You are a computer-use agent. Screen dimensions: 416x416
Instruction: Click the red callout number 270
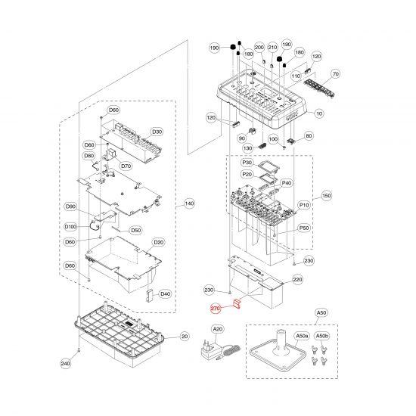[216, 309]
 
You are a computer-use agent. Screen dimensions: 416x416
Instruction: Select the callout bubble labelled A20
[218, 329]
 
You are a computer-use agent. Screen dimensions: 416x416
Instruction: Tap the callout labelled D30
[157, 132]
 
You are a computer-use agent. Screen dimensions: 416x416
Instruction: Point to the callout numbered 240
[66, 364]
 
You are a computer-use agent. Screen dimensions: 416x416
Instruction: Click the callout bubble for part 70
[336, 74]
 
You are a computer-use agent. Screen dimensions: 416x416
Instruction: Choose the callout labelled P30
[247, 163]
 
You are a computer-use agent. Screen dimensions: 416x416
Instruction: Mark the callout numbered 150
[326, 196]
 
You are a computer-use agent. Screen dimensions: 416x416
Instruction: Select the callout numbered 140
[189, 203]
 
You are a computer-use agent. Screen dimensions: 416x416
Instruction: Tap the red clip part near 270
[237, 304]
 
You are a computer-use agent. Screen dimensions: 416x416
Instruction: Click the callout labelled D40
[166, 294]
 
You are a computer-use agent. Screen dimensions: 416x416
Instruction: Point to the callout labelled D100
[70, 227]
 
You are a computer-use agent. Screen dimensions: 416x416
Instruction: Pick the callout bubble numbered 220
[297, 280]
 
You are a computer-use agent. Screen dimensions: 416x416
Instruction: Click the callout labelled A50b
[321, 336]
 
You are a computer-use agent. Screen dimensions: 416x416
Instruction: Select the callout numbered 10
[319, 113]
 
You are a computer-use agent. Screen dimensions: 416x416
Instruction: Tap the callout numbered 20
[185, 337]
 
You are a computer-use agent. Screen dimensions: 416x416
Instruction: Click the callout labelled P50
[304, 228]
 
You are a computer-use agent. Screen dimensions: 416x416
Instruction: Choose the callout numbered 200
[259, 48]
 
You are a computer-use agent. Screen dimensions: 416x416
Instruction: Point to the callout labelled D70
[126, 166]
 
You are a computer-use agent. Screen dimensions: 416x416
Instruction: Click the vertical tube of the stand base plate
[282, 341]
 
